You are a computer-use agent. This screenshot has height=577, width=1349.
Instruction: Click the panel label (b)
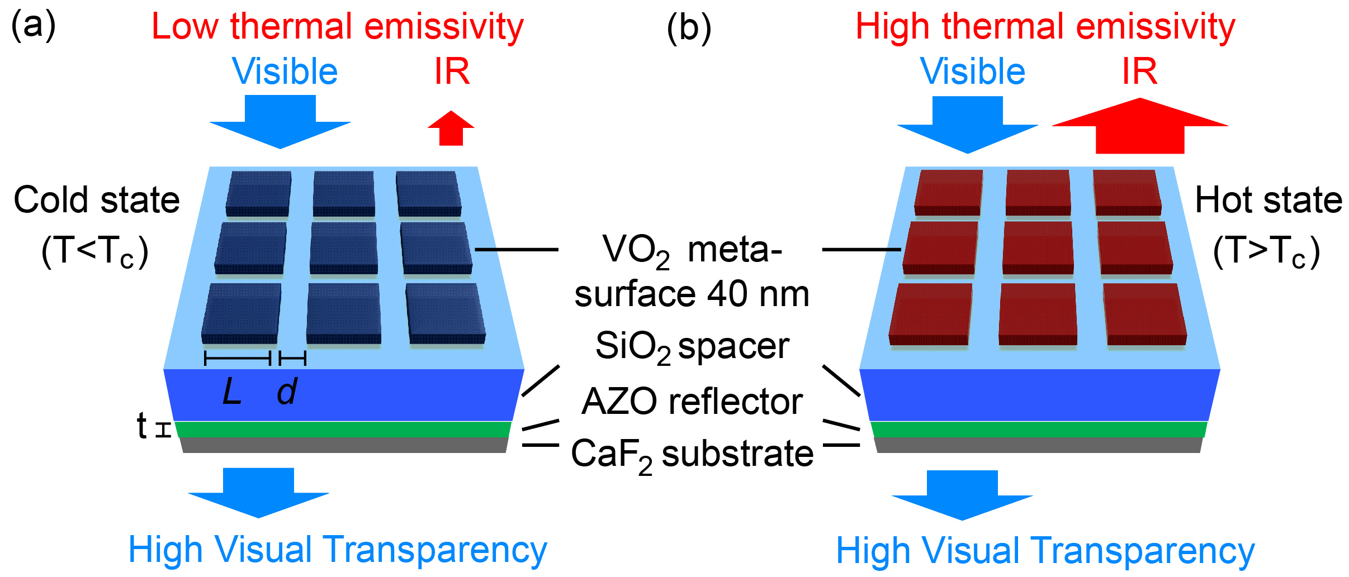click(x=689, y=27)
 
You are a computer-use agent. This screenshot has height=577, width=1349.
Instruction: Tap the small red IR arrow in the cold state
click(x=451, y=129)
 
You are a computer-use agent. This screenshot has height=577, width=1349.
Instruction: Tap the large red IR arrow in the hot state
click(x=1140, y=127)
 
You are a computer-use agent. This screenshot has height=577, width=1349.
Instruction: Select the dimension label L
click(x=232, y=391)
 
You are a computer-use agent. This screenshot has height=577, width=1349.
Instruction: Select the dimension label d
click(x=287, y=391)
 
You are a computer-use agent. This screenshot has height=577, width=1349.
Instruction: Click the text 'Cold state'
click(x=97, y=200)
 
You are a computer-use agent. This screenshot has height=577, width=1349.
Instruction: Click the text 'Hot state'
click(x=1268, y=200)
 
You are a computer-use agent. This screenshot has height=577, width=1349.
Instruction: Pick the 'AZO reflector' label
click(x=692, y=402)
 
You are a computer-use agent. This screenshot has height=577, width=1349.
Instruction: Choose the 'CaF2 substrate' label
click(x=692, y=454)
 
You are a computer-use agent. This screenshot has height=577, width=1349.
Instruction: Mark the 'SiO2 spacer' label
click(x=692, y=346)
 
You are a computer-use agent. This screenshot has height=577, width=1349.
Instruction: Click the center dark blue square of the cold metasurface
click(x=343, y=247)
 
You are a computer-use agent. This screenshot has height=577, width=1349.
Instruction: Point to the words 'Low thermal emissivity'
click(x=338, y=27)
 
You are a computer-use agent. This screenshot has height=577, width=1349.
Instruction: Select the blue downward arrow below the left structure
click(x=259, y=492)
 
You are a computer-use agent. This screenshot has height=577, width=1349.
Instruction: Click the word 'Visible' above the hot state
click(x=973, y=72)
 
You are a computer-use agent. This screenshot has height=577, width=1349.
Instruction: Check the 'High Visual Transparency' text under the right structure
click(x=1045, y=551)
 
